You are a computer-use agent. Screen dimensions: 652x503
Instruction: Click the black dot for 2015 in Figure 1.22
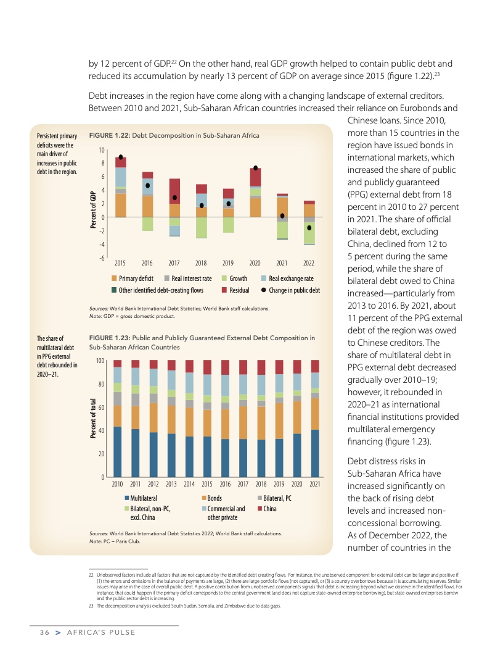point(121,157)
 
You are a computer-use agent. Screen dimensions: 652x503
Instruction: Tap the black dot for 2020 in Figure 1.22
point(255,168)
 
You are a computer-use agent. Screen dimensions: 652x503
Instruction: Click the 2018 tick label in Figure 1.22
point(202,263)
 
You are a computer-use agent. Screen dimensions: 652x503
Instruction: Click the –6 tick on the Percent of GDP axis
point(101,257)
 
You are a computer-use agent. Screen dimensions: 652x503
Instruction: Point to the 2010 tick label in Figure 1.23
point(118,485)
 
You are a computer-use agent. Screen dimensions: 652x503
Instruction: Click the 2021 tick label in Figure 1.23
point(315,485)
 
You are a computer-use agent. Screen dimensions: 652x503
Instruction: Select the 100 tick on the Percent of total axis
point(98,360)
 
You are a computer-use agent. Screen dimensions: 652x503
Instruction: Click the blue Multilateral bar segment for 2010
point(118,451)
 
